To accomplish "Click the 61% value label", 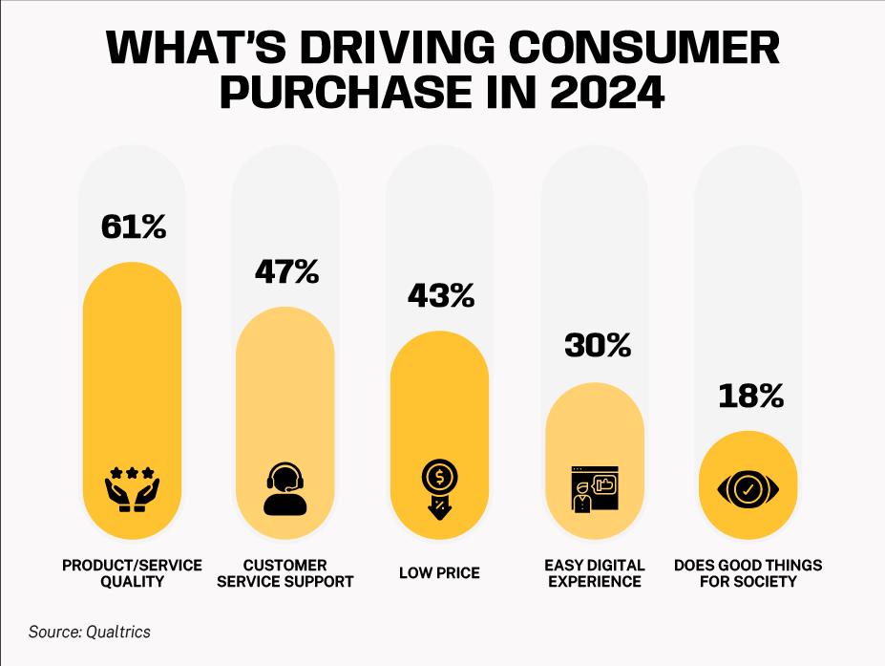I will (133, 227).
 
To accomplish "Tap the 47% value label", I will (286, 272).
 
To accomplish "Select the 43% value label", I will (440, 296).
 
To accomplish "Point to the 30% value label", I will (597, 345).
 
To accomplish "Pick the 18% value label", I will (750, 396).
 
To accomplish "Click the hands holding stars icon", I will (132, 490).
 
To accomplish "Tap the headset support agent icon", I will (285, 490).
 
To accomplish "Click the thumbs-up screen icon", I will (594, 490).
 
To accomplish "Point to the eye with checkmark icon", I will (748, 490).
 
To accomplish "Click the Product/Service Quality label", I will (132, 572).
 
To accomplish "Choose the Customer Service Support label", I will (285, 572).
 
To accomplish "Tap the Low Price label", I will (439, 573).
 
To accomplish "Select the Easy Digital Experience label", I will (594, 572).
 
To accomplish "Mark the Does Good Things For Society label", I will (748, 572).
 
